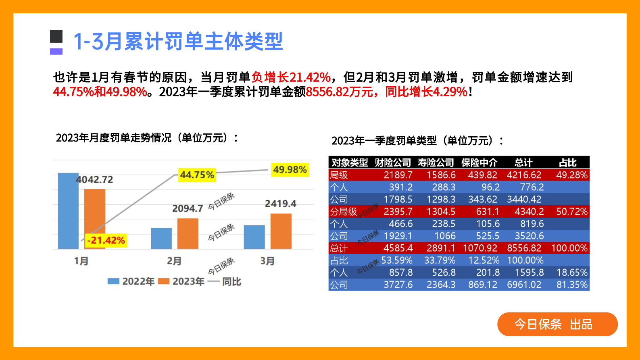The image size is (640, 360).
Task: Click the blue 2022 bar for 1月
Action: click(x=68, y=211)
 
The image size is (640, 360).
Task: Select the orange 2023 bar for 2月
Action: click(x=188, y=233)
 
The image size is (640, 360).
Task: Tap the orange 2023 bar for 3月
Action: click(x=281, y=231)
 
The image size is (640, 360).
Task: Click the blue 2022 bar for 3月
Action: click(x=254, y=237)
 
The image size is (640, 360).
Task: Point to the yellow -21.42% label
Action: click(x=106, y=241)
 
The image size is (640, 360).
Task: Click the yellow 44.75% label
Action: click(x=197, y=175)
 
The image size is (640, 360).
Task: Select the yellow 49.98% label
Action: click(x=290, y=170)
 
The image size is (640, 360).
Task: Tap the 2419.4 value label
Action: click(x=280, y=204)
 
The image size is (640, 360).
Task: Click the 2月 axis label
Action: click(x=174, y=261)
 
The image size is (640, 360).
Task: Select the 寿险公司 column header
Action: click(x=436, y=162)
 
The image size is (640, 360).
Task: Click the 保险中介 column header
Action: click(x=479, y=162)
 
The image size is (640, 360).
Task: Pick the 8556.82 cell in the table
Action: click(x=524, y=248)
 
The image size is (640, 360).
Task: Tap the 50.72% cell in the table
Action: click(x=572, y=212)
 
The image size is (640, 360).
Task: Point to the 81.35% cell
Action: click(x=572, y=285)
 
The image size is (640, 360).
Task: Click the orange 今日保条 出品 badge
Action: click(x=557, y=324)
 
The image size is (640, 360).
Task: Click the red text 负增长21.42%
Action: click(x=291, y=77)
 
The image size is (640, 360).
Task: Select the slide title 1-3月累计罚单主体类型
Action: click(x=178, y=42)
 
